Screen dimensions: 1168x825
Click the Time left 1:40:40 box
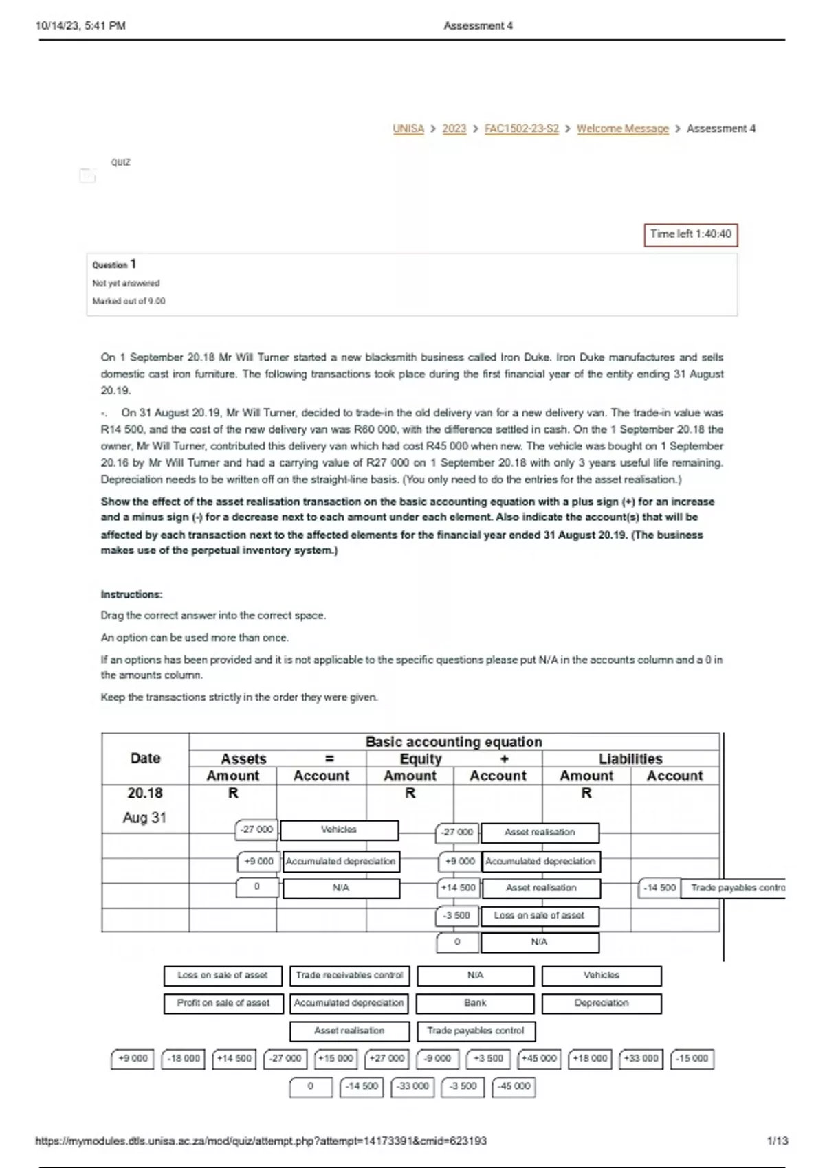pyautogui.click(x=690, y=234)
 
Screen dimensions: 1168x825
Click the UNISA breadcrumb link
pyautogui.click(x=408, y=128)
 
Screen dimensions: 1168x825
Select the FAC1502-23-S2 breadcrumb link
pyautogui.click(x=521, y=128)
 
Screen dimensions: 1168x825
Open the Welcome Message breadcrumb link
pyautogui.click(x=622, y=128)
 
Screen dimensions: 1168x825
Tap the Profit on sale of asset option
pyautogui.click(x=223, y=1003)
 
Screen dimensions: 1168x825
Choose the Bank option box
pyautogui.click(x=475, y=1003)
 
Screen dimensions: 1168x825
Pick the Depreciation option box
pyautogui.click(x=602, y=1003)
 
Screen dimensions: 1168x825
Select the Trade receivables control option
pyautogui.click(x=349, y=975)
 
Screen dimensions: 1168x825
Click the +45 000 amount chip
pyautogui.click(x=539, y=1059)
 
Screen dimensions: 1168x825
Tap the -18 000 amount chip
pyautogui.click(x=184, y=1059)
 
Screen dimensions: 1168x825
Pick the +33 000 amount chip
pyautogui.click(x=641, y=1059)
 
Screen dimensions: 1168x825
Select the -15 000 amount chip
pyautogui.click(x=692, y=1059)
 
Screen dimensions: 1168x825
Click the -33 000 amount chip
pyautogui.click(x=412, y=1086)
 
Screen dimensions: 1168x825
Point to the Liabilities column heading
pyautogui.click(x=630, y=759)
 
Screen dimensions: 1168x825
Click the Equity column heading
pyautogui.click(x=421, y=759)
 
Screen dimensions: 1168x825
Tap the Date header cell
pyautogui.click(x=145, y=758)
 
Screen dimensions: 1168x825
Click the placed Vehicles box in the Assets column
pyautogui.click(x=339, y=830)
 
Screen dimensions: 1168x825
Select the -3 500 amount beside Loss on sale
pyautogui.click(x=456, y=916)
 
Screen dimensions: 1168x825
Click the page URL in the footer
pyautogui.click(x=261, y=1141)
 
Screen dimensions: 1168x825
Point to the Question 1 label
pyautogui.click(x=114, y=265)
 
